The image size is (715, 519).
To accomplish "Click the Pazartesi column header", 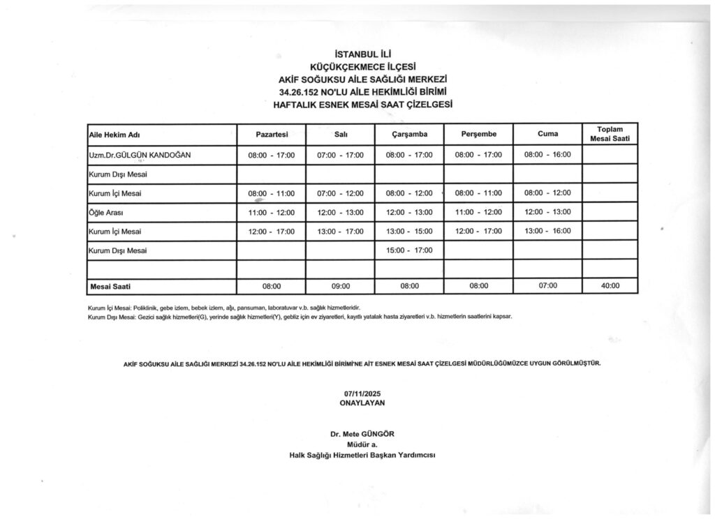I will point(272,133).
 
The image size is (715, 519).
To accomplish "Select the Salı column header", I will point(341,133).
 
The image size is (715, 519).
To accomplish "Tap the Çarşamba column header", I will point(409,133).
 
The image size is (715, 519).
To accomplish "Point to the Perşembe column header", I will point(478,133).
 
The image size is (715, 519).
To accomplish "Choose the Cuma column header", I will point(547,133).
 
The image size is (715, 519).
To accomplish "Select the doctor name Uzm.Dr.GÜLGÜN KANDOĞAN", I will point(140,154).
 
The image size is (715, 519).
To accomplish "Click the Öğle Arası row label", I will point(106,212).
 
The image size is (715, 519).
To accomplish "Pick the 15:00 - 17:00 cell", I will point(409,250).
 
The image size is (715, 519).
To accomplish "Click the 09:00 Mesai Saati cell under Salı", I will point(341,286).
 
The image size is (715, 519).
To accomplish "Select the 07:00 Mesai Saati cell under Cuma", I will point(547,286).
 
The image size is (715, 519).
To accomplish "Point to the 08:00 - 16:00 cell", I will point(547,155).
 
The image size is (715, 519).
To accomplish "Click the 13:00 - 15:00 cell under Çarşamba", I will point(409,232).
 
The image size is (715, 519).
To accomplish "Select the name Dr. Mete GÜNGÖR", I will point(362,434).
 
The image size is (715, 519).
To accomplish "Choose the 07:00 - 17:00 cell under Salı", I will point(341,155).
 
